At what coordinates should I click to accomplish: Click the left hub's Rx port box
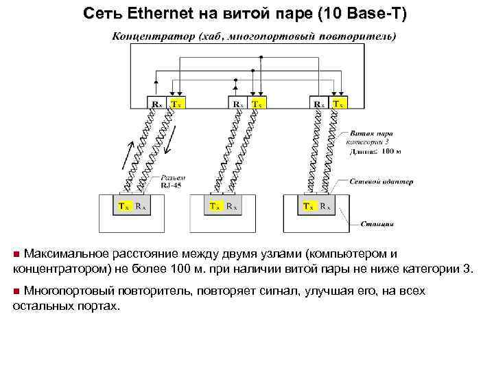click(158, 104)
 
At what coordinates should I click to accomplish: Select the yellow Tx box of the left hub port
click(176, 104)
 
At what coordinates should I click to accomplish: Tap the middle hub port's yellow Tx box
click(257, 104)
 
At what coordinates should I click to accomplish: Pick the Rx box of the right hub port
click(319, 104)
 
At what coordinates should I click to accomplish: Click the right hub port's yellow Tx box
click(338, 104)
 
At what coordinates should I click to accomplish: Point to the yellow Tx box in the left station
click(123, 205)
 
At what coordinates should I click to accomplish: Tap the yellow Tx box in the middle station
click(215, 205)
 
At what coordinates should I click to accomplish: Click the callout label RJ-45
click(172, 185)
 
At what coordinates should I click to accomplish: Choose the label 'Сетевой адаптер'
click(381, 181)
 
